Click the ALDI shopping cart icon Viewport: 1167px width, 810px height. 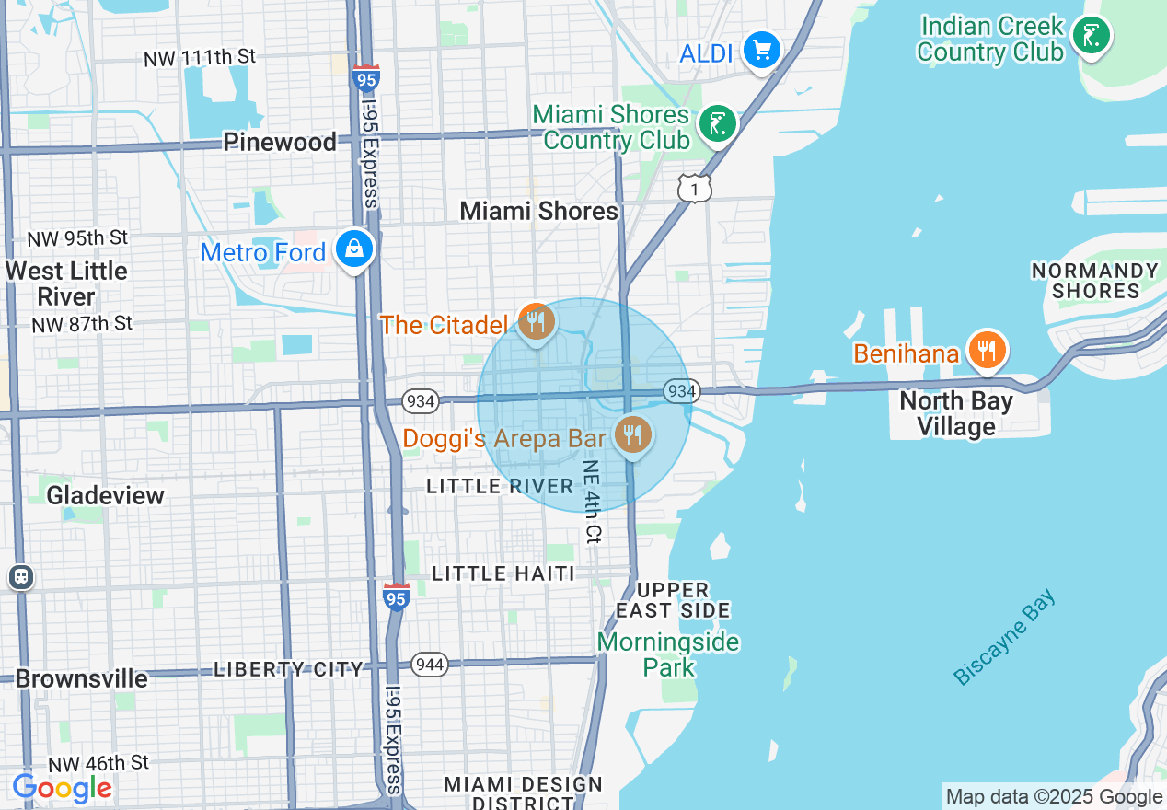click(762, 50)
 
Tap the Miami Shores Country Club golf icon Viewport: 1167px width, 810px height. click(717, 123)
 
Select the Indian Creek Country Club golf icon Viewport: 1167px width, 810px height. click(1092, 36)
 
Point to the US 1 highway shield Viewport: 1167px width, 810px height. click(694, 189)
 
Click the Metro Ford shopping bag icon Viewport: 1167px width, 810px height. click(353, 249)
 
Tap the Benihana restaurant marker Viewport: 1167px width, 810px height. click(987, 351)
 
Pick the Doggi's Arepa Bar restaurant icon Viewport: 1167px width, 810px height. click(631, 434)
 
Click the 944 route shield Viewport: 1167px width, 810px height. click(429, 665)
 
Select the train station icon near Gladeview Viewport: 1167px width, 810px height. click(20, 577)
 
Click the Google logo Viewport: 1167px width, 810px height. click(63, 788)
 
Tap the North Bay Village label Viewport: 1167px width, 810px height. click(956, 414)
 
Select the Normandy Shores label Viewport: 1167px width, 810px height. click(1094, 281)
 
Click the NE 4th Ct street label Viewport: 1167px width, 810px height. click(592, 501)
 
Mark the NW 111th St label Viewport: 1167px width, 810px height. click(200, 58)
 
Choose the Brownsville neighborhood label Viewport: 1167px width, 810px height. click(82, 679)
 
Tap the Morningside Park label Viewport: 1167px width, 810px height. click(668, 654)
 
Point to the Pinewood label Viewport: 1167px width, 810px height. click(280, 143)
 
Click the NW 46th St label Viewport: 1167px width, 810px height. click(98, 763)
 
